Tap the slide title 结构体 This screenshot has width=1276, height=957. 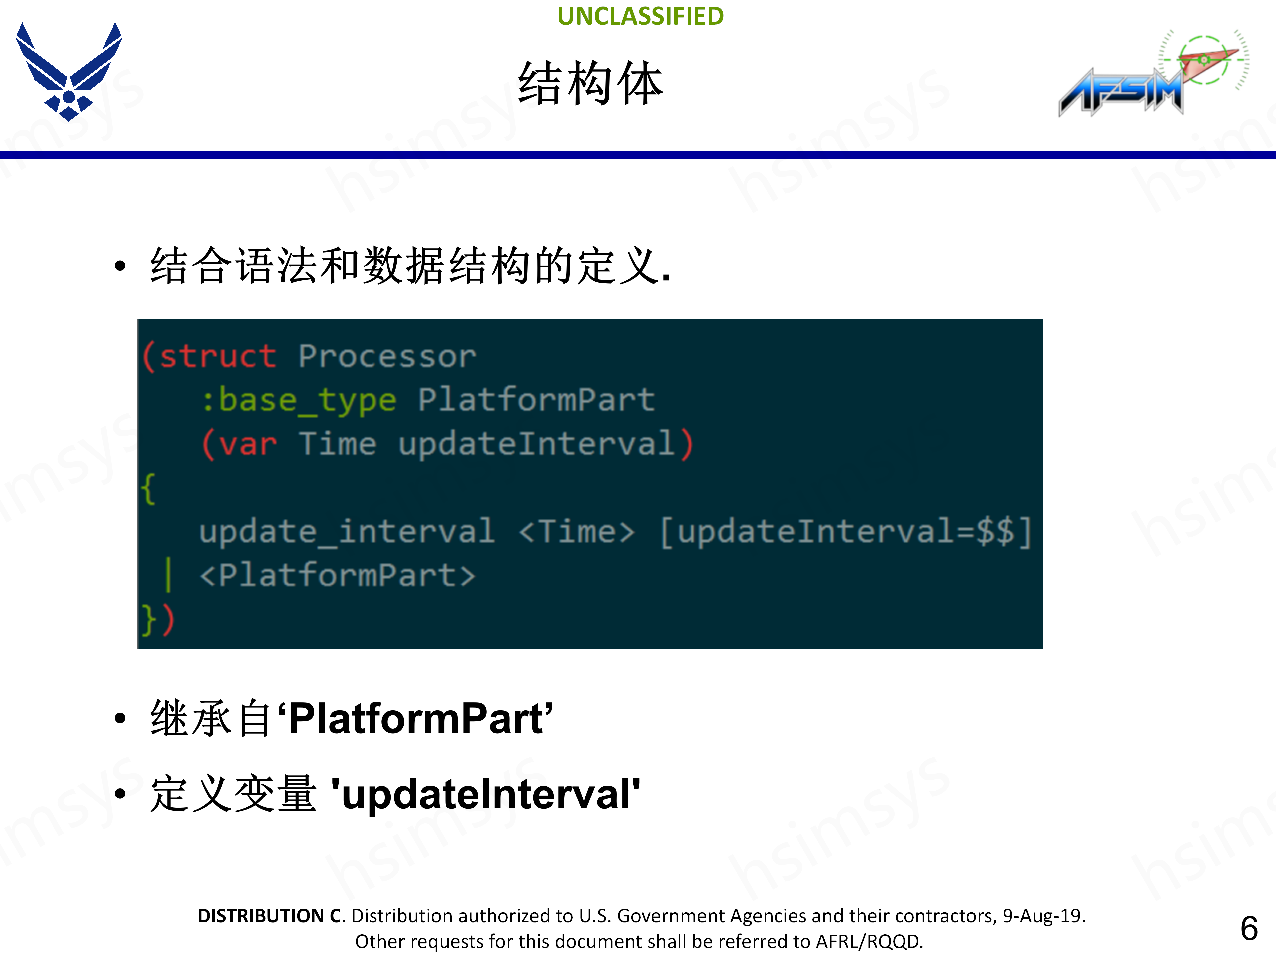coord(590,84)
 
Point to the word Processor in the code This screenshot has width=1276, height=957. coord(387,356)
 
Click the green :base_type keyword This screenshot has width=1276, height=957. coord(299,400)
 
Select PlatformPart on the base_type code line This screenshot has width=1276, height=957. coord(536,400)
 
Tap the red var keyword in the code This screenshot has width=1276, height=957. coord(248,444)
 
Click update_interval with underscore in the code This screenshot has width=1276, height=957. coord(347,531)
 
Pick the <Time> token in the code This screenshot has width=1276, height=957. coord(576,531)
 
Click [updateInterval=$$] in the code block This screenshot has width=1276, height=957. coord(846,531)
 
